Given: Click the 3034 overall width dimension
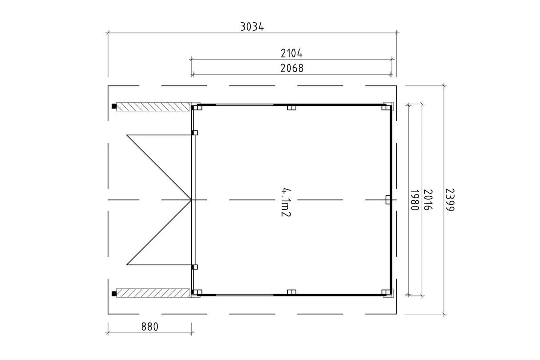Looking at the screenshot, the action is (252, 27).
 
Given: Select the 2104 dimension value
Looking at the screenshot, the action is (291, 53).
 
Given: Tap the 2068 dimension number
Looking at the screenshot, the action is (292, 68).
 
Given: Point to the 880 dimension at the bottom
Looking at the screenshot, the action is (150, 327).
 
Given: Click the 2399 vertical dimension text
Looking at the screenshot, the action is (449, 200).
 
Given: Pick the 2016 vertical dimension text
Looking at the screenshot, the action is (427, 200).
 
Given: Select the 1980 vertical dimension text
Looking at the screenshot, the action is (414, 200).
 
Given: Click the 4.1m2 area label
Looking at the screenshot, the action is (286, 202).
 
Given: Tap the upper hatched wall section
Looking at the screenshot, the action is (153, 107).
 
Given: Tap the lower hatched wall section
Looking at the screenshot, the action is (153, 293).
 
